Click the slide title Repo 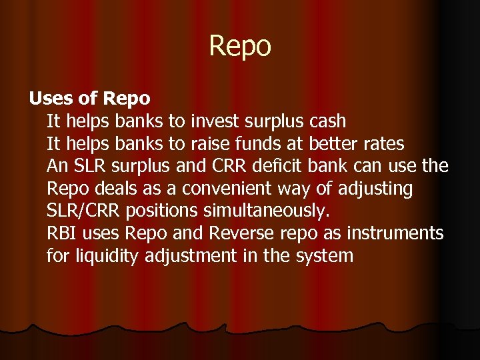point(240,47)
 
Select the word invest point(214,121)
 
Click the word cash point(328,121)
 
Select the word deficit point(280,166)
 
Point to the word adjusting point(375,189)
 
